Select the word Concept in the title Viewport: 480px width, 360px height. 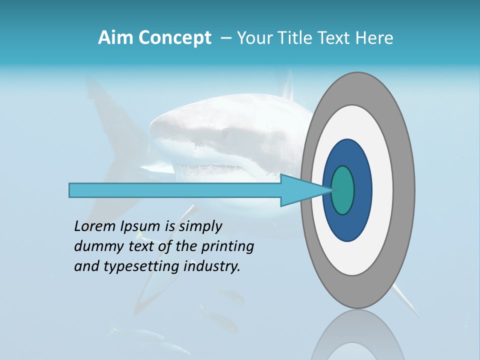point(174,38)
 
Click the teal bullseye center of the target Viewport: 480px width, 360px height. point(343,190)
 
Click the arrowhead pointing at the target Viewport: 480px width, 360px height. point(300,190)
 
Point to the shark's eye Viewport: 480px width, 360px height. point(225,133)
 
